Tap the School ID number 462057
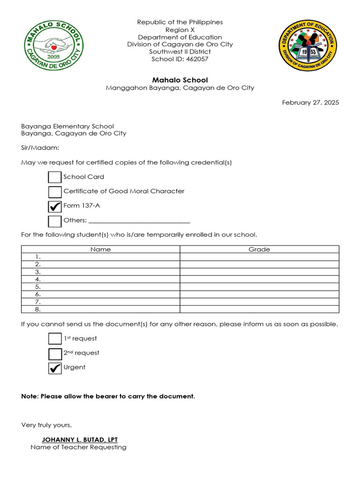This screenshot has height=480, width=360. [197, 59]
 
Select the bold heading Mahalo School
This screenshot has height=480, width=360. [180, 80]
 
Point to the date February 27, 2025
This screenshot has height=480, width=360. [310, 102]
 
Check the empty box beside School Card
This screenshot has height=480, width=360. [55, 177]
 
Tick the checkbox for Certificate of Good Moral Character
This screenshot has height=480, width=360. [55, 192]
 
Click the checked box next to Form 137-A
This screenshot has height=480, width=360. [55, 206]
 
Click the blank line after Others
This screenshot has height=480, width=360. [139, 220]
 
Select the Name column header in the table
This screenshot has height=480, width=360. [100, 249]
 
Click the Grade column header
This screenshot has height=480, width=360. [259, 249]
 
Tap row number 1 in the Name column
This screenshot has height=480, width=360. [100, 257]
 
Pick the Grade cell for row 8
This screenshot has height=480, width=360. [259, 309]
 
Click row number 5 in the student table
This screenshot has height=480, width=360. [100, 287]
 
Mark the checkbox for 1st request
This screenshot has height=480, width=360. [55, 339]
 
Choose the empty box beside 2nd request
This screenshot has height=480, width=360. [55, 353]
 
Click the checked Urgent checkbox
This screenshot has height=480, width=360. [55, 368]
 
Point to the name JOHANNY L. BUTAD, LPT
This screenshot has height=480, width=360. [80, 440]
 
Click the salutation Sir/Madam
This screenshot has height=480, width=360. [40, 148]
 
